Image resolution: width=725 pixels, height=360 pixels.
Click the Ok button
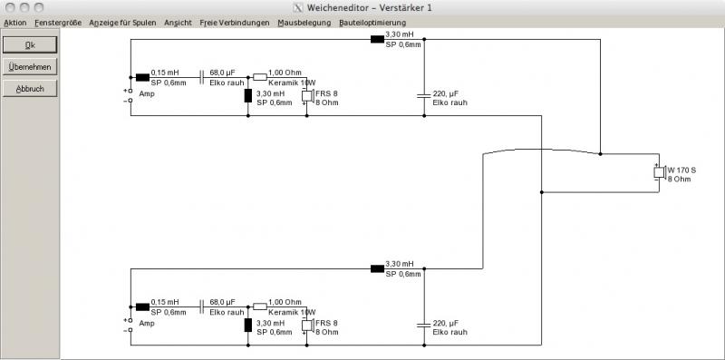coord(30,44)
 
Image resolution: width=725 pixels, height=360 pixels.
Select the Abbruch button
coord(30,88)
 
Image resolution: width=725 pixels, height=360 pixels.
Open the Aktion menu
coord(14,23)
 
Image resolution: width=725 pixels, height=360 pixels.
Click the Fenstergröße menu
coord(58,23)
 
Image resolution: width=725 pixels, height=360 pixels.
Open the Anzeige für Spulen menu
coord(122,23)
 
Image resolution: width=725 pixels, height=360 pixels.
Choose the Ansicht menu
coord(178,23)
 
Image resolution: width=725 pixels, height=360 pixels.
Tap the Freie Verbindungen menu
coord(235,23)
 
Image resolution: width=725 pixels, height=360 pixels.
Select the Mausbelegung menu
coord(304,23)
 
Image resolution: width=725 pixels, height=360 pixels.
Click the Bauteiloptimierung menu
coord(372,23)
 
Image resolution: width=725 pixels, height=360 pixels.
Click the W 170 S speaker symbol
coord(660,172)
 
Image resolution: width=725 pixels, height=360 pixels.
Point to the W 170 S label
coord(681,170)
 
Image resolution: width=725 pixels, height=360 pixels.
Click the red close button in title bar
coord(9,7)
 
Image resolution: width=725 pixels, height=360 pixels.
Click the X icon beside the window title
coord(298,8)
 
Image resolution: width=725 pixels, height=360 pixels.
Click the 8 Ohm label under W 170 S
coord(679,179)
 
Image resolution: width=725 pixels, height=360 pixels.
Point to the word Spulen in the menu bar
coord(145,23)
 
